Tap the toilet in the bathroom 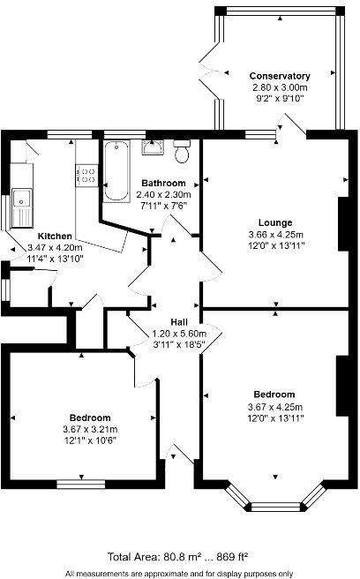click(x=183, y=152)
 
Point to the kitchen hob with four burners click(x=87, y=175)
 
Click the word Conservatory click(x=279, y=76)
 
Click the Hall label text click(x=177, y=323)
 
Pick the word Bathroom click(x=162, y=183)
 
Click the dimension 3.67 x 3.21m click(x=89, y=428)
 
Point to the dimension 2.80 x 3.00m click(x=279, y=87)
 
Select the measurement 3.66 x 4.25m click(x=275, y=234)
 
